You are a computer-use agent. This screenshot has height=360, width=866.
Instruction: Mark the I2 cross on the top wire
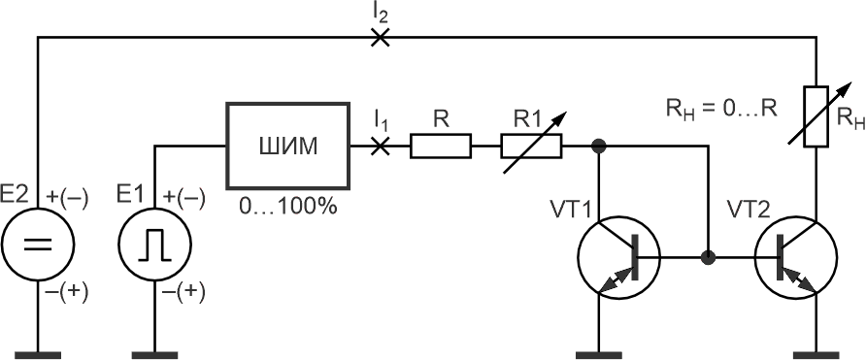pyautogui.click(x=379, y=37)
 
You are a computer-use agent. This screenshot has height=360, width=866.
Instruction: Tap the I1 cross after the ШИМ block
pyautogui.click(x=379, y=146)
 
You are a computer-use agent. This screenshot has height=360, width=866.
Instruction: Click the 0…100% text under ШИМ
pyautogui.click(x=287, y=207)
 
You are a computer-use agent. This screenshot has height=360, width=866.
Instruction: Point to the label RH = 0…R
pyautogui.click(x=721, y=109)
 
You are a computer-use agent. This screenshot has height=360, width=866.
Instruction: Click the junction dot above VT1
pyautogui.click(x=598, y=146)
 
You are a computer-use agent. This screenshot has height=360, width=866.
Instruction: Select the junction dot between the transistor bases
pyautogui.click(x=707, y=257)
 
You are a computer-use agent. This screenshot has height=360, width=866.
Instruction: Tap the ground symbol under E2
pyautogui.click(x=38, y=355)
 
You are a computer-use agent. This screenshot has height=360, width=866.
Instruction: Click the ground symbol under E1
pyautogui.click(x=154, y=355)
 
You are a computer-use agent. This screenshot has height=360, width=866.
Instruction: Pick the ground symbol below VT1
pyautogui.click(x=599, y=355)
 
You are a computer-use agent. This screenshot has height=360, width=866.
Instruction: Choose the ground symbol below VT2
pyautogui.click(x=816, y=355)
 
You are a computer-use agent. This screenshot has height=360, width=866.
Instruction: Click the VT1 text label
pyautogui.click(x=571, y=209)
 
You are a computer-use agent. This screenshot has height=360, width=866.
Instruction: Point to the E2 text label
pyautogui.click(x=17, y=194)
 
